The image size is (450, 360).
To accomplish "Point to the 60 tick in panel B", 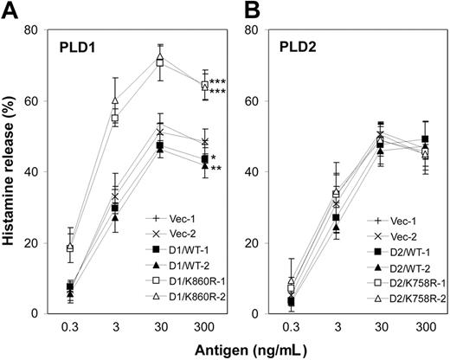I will tap(267, 101).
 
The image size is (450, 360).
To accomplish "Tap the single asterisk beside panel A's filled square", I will tap(214, 157).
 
